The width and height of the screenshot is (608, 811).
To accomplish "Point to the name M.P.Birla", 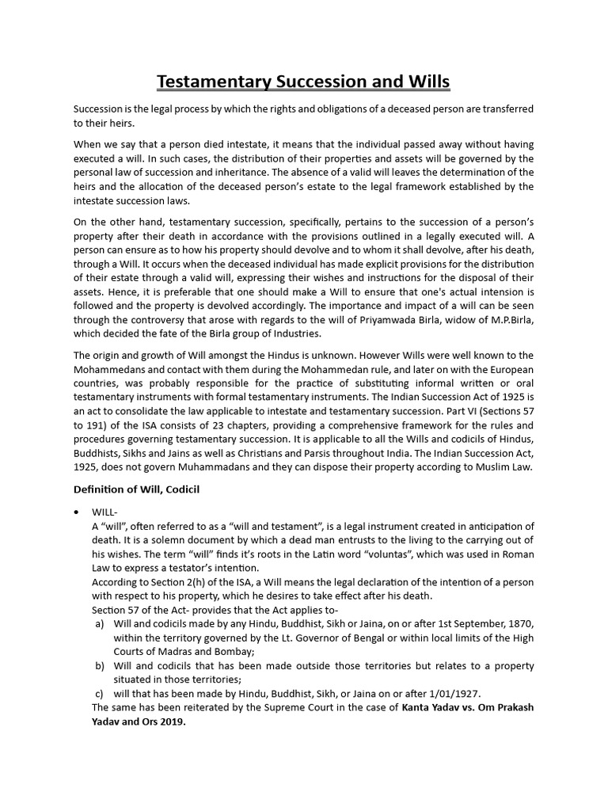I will [x=510, y=319].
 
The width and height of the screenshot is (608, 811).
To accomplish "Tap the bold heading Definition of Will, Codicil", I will [x=136, y=489].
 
